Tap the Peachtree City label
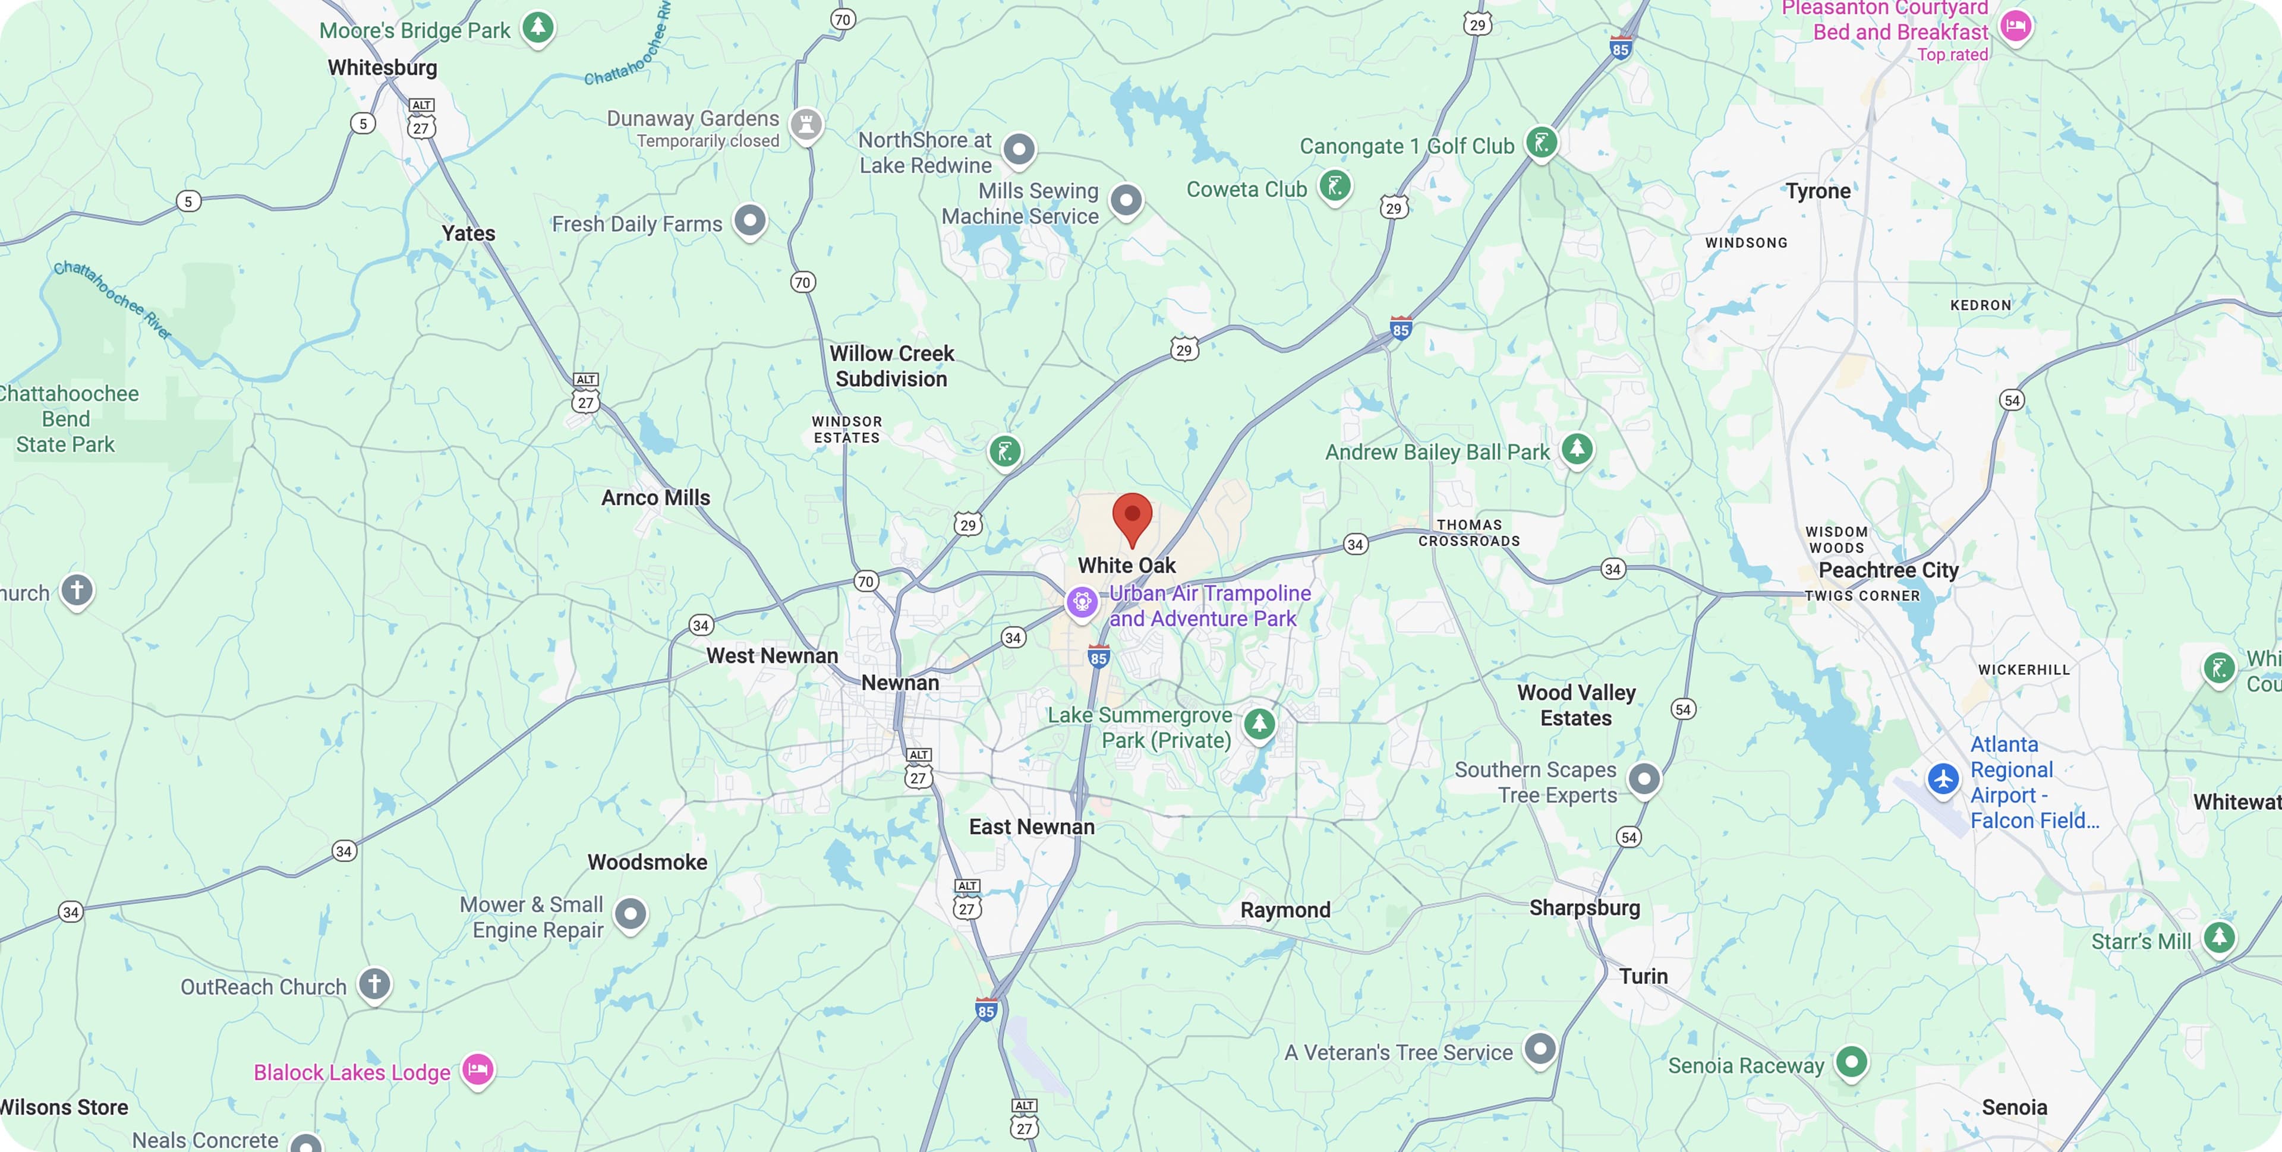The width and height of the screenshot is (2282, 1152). pos(1888,570)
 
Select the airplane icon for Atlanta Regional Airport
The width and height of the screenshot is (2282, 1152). pos(1943,779)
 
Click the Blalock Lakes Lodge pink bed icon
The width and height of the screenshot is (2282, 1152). pos(477,1069)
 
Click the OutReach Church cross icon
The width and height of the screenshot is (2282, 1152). pos(374,983)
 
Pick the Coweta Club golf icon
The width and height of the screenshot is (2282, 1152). pos(1335,186)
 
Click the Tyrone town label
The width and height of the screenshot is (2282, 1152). pos(1818,191)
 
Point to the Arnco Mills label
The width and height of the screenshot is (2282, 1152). pos(655,498)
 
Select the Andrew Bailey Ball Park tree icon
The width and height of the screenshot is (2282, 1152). pos(1577,448)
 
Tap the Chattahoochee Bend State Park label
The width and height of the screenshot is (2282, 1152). pos(67,419)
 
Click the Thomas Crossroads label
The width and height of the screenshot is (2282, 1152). pos(1469,533)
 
